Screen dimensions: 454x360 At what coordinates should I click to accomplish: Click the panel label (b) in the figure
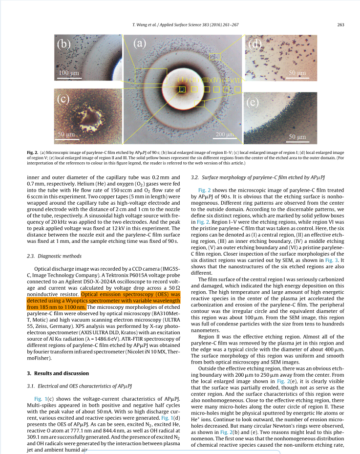[65, 45]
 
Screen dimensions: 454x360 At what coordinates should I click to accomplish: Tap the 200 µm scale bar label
[225, 134]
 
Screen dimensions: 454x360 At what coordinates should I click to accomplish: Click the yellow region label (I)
[182, 79]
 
